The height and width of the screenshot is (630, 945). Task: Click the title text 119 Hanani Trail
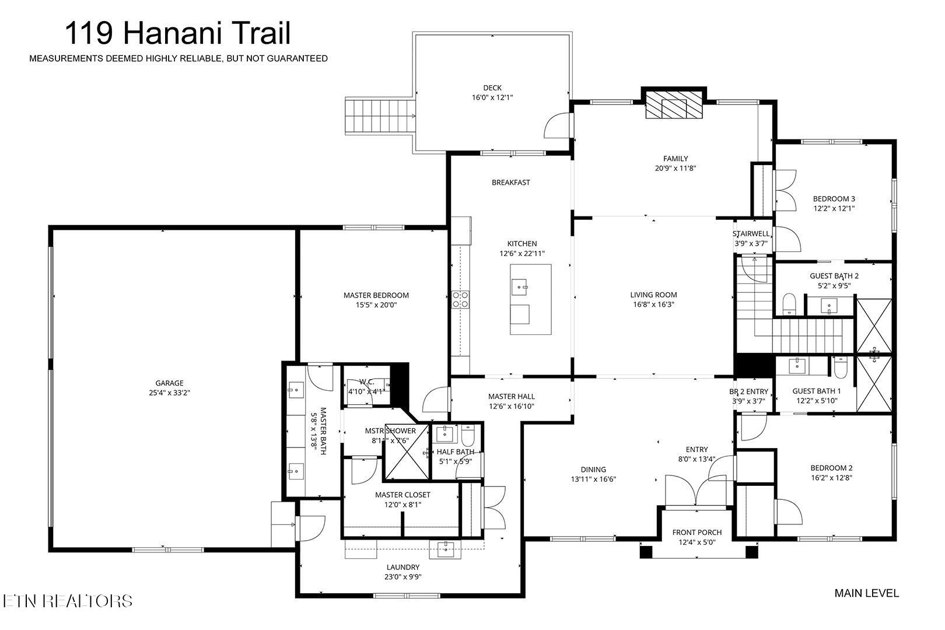point(177,33)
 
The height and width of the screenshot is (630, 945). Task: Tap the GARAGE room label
point(169,383)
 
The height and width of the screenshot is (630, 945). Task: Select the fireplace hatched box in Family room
point(674,106)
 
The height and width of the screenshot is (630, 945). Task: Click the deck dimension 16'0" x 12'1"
point(492,97)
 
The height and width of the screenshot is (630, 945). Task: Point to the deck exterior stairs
point(380,116)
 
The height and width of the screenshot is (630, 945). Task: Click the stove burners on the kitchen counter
point(460,299)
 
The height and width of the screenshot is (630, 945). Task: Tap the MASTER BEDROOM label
point(376,295)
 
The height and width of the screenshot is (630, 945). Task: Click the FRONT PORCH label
point(696,532)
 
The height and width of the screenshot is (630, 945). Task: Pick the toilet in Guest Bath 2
point(789,304)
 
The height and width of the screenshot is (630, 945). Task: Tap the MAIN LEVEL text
point(866,593)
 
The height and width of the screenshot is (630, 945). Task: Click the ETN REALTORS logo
point(67,601)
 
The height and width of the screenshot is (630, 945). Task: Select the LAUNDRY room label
point(402,567)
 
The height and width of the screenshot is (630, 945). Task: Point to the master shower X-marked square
point(406,453)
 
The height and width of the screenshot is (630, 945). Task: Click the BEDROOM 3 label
point(834,198)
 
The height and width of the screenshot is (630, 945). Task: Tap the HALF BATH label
point(455,452)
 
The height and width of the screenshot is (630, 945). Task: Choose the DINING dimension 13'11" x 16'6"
point(593,479)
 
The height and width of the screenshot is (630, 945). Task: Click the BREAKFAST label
point(510,183)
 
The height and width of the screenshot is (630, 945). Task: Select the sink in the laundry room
point(445,549)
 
